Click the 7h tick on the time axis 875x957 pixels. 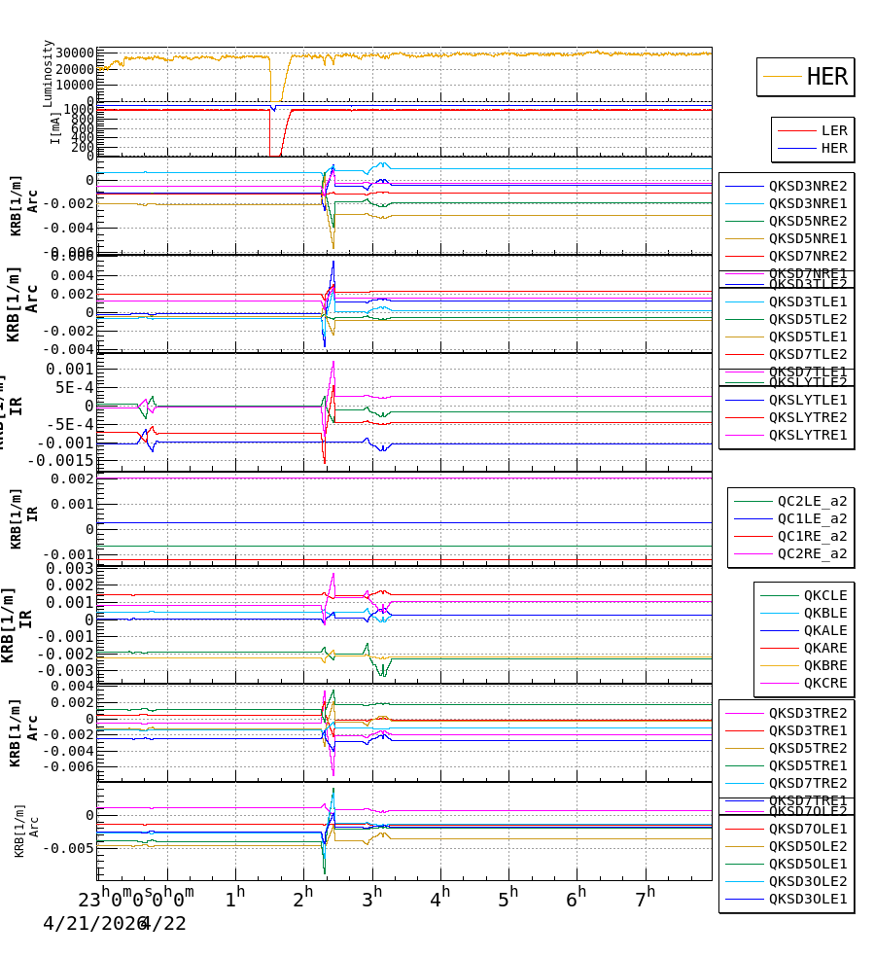pos(646,895)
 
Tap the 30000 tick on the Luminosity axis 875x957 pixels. pos(75,53)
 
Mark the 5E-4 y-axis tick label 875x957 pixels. pos(72,387)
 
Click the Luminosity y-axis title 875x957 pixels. pos(49,73)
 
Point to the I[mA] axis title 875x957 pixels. pos(55,126)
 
